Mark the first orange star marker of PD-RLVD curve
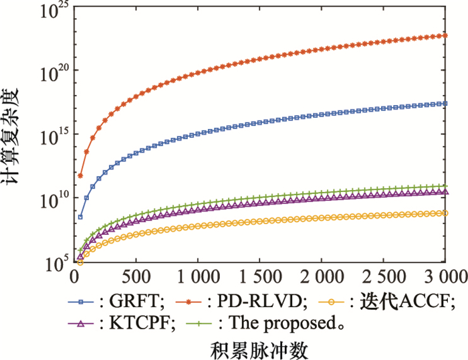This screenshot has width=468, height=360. (x=80, y=176)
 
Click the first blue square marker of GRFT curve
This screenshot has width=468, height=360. (x=80, y=217)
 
